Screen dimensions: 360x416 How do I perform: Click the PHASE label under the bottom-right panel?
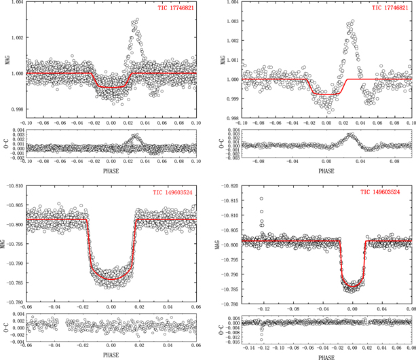click(x=327, y=355)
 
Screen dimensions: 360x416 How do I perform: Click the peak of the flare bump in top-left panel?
click(x=137, y=20)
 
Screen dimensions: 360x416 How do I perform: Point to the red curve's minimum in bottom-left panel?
click(x=112, y=279)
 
